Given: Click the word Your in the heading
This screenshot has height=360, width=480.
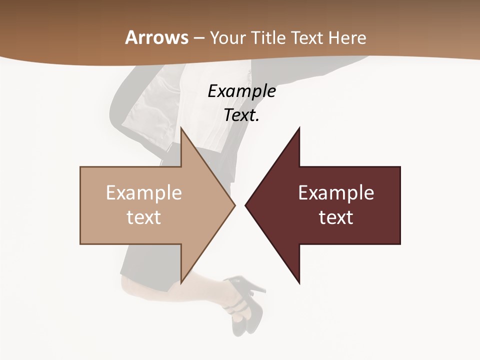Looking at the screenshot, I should (227, 38).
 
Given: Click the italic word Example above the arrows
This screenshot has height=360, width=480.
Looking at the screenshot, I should (241, 91).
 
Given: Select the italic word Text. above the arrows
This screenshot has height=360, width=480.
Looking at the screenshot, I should (241, 115).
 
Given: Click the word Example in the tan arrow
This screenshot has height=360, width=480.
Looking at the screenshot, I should (144, 193).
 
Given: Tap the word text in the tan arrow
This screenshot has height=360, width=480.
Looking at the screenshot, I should (144, 217).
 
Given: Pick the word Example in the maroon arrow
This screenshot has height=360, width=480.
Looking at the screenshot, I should (336, 193).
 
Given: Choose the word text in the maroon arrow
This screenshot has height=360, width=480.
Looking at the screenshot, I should (336, 217).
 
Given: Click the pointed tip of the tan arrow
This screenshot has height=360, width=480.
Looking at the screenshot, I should (234, 205).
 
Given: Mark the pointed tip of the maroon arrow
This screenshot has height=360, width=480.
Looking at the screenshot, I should (246, 205).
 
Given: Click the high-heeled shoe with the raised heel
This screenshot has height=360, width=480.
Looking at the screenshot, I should (245, 300).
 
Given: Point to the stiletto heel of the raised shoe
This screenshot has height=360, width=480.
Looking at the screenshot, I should (261, 288).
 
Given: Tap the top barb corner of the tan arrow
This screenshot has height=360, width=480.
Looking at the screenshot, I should (181, 128).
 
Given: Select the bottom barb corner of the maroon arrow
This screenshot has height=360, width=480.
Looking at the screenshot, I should (299, 283).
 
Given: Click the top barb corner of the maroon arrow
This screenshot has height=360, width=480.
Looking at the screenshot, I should (299, 128).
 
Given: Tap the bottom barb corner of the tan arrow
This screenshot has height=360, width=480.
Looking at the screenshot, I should (181, 282).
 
